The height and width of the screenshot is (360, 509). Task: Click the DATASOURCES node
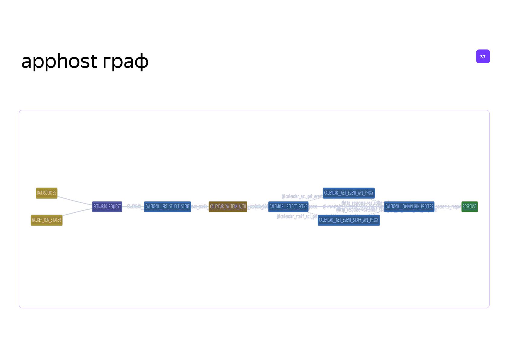pos(47,193)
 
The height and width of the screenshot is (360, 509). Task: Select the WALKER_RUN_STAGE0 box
pos(47,220)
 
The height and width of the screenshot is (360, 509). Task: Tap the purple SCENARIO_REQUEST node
pos(107,207)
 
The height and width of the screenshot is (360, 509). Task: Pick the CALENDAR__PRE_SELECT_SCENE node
pos(167,207)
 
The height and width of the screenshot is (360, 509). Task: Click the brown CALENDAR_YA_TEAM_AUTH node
pos(228,207)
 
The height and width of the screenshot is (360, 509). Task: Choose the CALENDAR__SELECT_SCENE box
pos(288,207)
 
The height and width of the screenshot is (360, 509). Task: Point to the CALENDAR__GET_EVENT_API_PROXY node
pos(349,193)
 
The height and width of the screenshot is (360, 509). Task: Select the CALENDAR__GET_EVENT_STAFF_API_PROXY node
pos(349,220)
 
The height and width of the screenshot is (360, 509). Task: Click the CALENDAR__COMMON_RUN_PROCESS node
pos(409,207)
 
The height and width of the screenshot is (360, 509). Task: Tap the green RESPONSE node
pos(469,207)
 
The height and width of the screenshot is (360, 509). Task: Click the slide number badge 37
pos(483,57)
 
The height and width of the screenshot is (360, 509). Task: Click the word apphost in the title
pos(59,61)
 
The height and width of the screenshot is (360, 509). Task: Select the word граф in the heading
pos(126,61)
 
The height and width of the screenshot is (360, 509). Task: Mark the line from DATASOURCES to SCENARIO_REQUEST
pos(75,201)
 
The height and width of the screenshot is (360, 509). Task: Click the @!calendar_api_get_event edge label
pos(302,197)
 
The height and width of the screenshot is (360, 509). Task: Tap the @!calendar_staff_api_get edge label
pos(297,217)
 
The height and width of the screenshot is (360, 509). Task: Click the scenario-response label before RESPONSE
pos(448,207)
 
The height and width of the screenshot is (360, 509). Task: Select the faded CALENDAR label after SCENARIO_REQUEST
pos(134,206)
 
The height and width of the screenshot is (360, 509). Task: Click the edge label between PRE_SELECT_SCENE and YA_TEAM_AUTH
pos(199,207)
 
